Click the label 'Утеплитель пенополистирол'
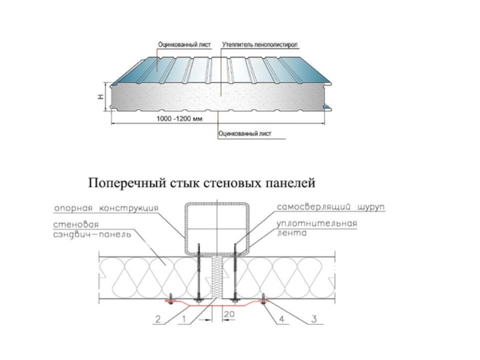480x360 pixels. click(260, 44)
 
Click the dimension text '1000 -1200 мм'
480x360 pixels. click(178, 119)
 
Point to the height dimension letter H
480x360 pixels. click(101, 97)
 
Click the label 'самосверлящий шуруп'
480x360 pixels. click(331, 207)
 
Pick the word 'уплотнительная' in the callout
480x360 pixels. click(316, 224)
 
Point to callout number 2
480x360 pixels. click(157, 320)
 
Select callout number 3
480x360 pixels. click(313, 320)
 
